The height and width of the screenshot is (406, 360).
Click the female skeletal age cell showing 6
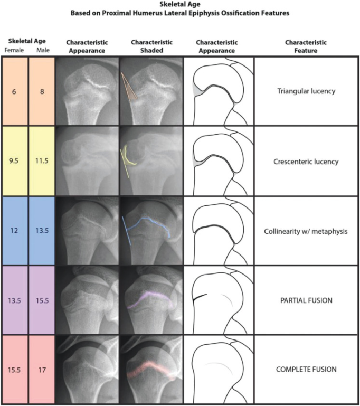pos(14,91)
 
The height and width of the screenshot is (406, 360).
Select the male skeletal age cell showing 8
pos(42,91)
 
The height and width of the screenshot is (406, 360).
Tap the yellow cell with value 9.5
pos(14,161)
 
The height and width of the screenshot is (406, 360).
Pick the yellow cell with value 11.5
pos(42,161)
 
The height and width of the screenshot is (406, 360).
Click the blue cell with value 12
pos(14,231)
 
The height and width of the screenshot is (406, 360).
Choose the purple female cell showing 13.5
pos(14,300)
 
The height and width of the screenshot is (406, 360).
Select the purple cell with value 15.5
pos(42,300)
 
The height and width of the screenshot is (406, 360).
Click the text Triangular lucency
pos(306,91)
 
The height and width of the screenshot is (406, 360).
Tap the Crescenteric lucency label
pos(306,161)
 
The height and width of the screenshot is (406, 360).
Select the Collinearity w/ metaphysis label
pos(306,231)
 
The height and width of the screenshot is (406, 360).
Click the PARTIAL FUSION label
pos(306,300)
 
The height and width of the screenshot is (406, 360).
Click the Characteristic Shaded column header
pos(150,46)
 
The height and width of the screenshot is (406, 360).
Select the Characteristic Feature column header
pos(306,46)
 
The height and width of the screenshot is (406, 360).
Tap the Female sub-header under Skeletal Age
pos(13,50)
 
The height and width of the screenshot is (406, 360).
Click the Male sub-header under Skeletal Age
pos(42,50)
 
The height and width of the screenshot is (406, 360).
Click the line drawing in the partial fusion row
pos(218,300)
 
